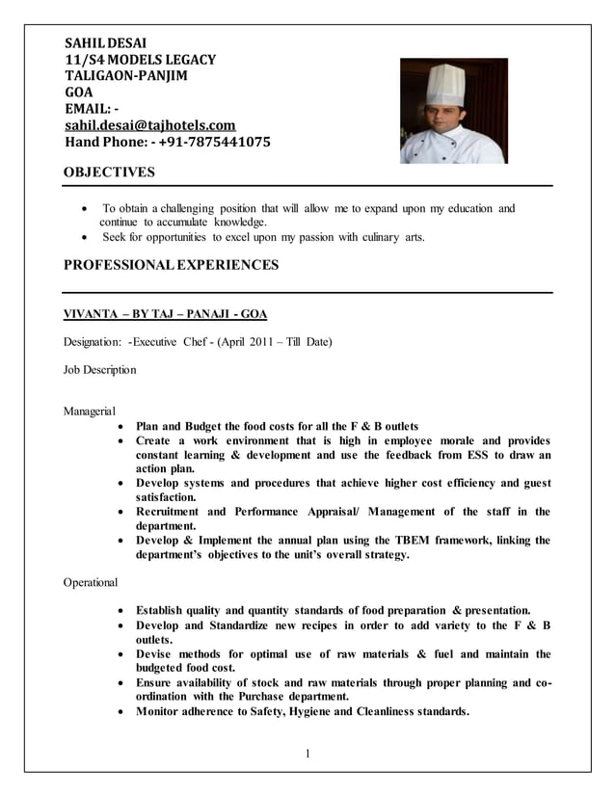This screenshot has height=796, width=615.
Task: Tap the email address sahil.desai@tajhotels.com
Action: click(x=149, y=125)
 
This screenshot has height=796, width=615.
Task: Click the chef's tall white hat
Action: click(x=444, y=84)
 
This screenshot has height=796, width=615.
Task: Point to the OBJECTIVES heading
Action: click(x=108, y=172)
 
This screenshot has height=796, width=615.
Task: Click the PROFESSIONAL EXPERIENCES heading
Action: click(x=170, y=264)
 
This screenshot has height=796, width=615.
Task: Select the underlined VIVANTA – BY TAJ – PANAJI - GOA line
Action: click(x=165, y=314)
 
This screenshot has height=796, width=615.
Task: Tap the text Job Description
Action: click(x=99, y=369)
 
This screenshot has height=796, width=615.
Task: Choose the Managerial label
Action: click(x=89, y=411)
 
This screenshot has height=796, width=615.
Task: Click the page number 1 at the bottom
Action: click(x=307, y=754)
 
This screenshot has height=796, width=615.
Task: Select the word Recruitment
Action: click(x=168, y=512)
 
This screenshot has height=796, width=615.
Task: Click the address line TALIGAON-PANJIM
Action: click(x=125, y=76)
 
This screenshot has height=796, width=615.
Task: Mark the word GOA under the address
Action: click(x=78, y=93)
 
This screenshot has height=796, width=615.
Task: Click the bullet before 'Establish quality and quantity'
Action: click(x=119, y=611)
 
